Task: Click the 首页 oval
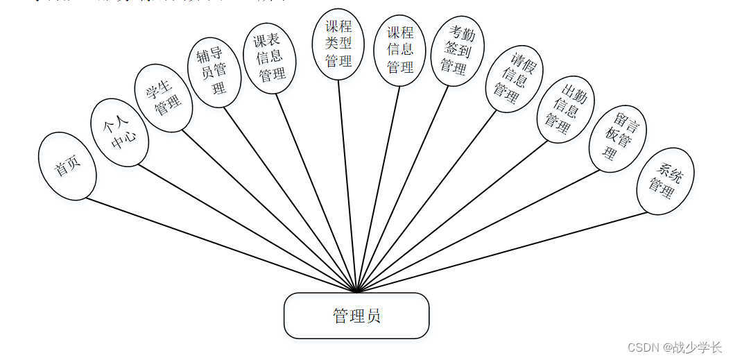click(x=67, y=166)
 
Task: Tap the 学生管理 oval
click(x=164, y=98)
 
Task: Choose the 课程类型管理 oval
click(x=338, y=44)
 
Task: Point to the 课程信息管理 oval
click(x=400, y=51)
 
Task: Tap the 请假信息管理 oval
click(x=514, y=78)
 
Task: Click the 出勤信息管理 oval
click(x=565, y=109)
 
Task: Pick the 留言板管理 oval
click(x=617, y=139)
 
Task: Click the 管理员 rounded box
click(x=356, y=316)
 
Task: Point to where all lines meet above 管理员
click(x=356, y=291)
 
